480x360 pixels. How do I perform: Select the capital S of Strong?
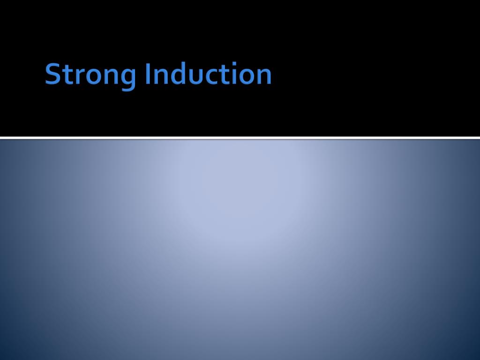click(x=53, y=75)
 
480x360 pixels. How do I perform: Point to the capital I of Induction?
click(x=148, y=75)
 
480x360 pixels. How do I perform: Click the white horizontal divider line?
click(x=240, y=138)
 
